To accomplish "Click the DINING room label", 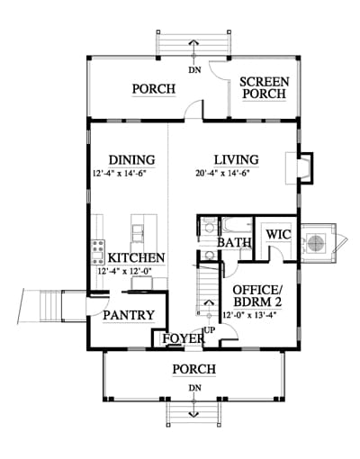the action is click(132, 160).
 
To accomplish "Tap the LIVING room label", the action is click(237, 159).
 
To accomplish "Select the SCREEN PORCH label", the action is click(265, 87).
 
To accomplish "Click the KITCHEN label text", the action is click(136, 258).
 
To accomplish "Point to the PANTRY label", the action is click(129, 315).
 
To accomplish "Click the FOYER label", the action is click(184, 338).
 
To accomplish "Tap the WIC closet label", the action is click(279, 234).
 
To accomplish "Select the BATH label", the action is click(234, 242).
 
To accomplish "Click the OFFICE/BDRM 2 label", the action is click(257, 296).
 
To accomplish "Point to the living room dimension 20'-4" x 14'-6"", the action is click(223, 173).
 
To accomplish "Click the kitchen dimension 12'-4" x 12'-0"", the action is click(125, 271).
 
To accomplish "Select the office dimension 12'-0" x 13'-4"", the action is click(249, 315).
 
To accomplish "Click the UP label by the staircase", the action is click(210, 330).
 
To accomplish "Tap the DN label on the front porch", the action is click(195, 388).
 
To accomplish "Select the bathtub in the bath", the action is click(237, 226).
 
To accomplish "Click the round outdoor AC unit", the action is click(316, 243).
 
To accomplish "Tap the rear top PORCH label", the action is click(154, 89).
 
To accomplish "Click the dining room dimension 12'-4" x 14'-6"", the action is click(120, 174).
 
